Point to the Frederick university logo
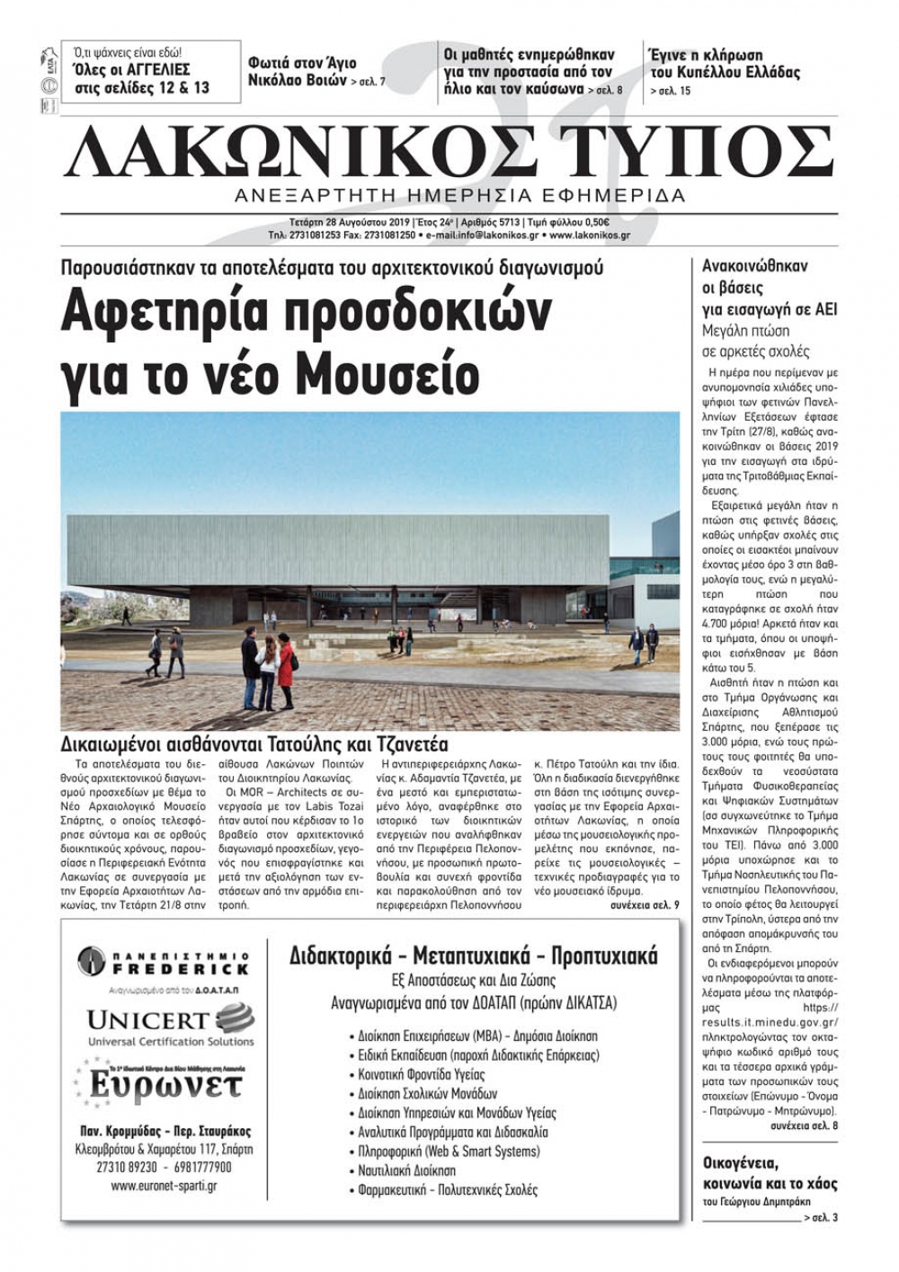[163, 964]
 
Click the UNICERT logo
[170, 1025]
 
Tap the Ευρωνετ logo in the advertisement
[162, 1082]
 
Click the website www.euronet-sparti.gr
[163, 1186]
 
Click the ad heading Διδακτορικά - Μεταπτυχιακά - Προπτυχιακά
[473, 955]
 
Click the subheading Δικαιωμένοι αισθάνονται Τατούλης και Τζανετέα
[254, 744]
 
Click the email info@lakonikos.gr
[500, 235]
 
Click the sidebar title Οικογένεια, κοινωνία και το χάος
[770, 1173]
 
